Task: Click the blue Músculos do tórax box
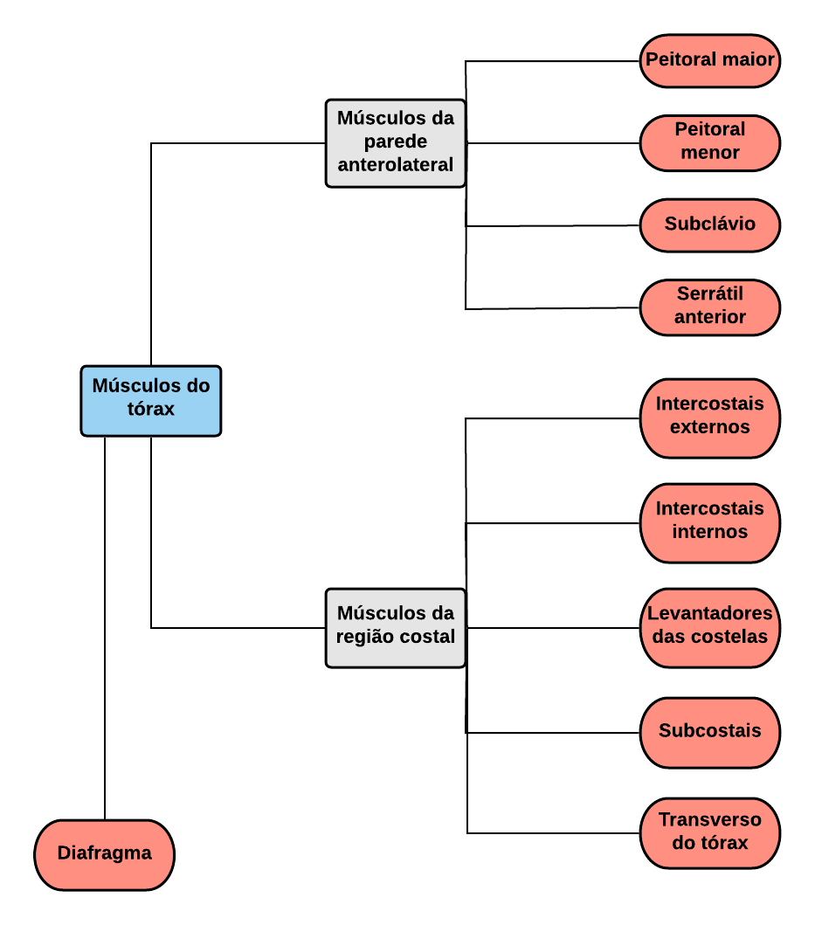(151, 401)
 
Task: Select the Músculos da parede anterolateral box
(396, 143)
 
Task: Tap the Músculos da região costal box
(396, 628)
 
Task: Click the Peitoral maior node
(710, 61)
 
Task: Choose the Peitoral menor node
(710, 143)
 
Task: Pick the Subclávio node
(710, 225)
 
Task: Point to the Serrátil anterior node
(710, 307)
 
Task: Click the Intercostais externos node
(710, 418)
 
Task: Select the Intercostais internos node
(710, 523)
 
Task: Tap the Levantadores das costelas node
(710, 628)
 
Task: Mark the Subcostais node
(710, 733)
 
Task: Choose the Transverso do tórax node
(710, 833)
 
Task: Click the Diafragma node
(105, 855)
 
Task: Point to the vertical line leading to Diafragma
(105, 628)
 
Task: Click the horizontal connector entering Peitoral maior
(553, 61)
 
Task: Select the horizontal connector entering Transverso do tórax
(554, 833)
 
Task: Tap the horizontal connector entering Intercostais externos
(553, 418)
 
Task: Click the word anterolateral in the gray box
(396, 164)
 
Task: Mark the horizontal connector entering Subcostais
(553, 733)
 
